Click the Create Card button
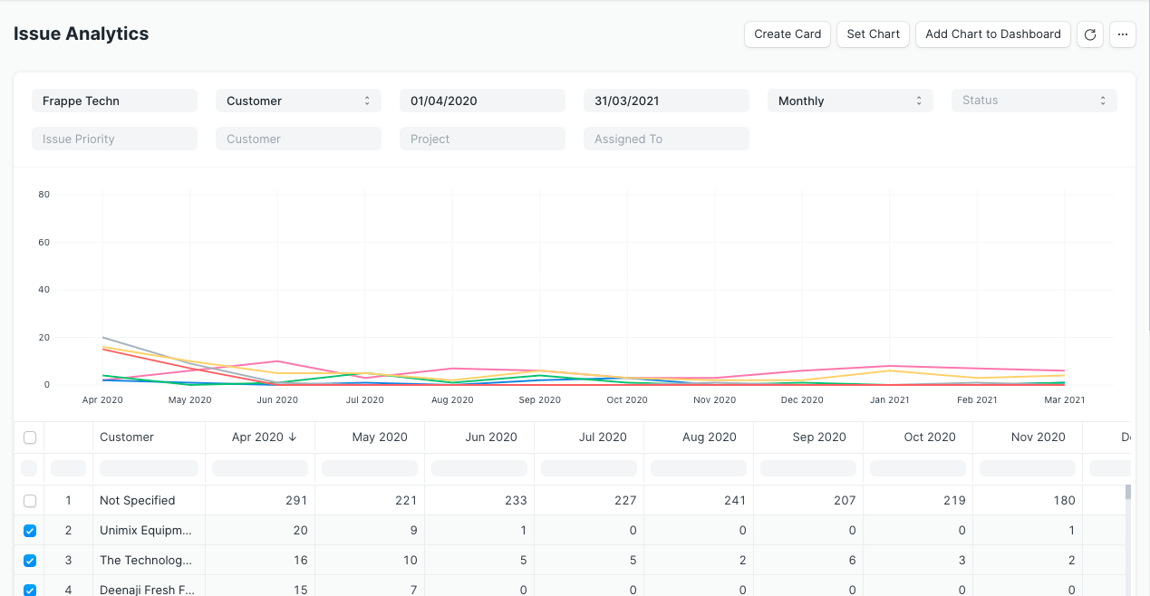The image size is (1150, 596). click(x=788, y=34)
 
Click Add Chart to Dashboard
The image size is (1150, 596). click(x=992, y=34)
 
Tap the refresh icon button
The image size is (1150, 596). click(x=1090, y=34)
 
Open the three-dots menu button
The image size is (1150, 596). click(x=1122, y=34)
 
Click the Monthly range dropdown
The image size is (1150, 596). click(x=849, y=101)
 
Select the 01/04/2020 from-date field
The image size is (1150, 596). click(x=481, y=101)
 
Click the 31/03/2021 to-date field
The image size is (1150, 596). click(x=665, y=101)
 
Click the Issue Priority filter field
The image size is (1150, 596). click(x=113, y=139)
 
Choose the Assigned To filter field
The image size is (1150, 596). click(x=665, y=139)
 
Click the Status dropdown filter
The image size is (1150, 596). click(x=1033, y=101)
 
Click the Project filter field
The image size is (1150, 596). click(x=481, y=139)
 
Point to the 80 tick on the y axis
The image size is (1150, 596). click(x=43, y=195)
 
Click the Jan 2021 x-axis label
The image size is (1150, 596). click(x=889, y=399)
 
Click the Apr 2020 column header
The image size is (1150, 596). click(x=259, y=437)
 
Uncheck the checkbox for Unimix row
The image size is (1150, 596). click(x=30, y=531)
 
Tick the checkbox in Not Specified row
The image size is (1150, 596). click(x=30, y=500)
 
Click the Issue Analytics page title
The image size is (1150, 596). click(x=82, y=34)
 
